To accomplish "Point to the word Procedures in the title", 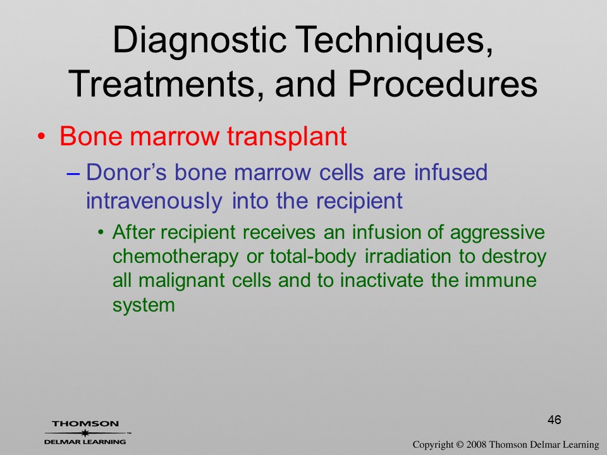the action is coord(442,84).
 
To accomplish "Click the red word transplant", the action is coord(286,137).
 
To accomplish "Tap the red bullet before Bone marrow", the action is coord(42,137).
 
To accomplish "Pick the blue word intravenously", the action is coord(154,201).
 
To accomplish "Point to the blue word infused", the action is coord(450,172).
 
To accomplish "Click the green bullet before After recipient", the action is coord(101,233).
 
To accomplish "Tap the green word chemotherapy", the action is coord(175,257).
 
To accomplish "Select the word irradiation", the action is coord(408,257).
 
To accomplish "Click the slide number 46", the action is coord(555,420).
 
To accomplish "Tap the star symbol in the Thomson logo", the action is coord(85,433).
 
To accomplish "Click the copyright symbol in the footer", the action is coord(460,445).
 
